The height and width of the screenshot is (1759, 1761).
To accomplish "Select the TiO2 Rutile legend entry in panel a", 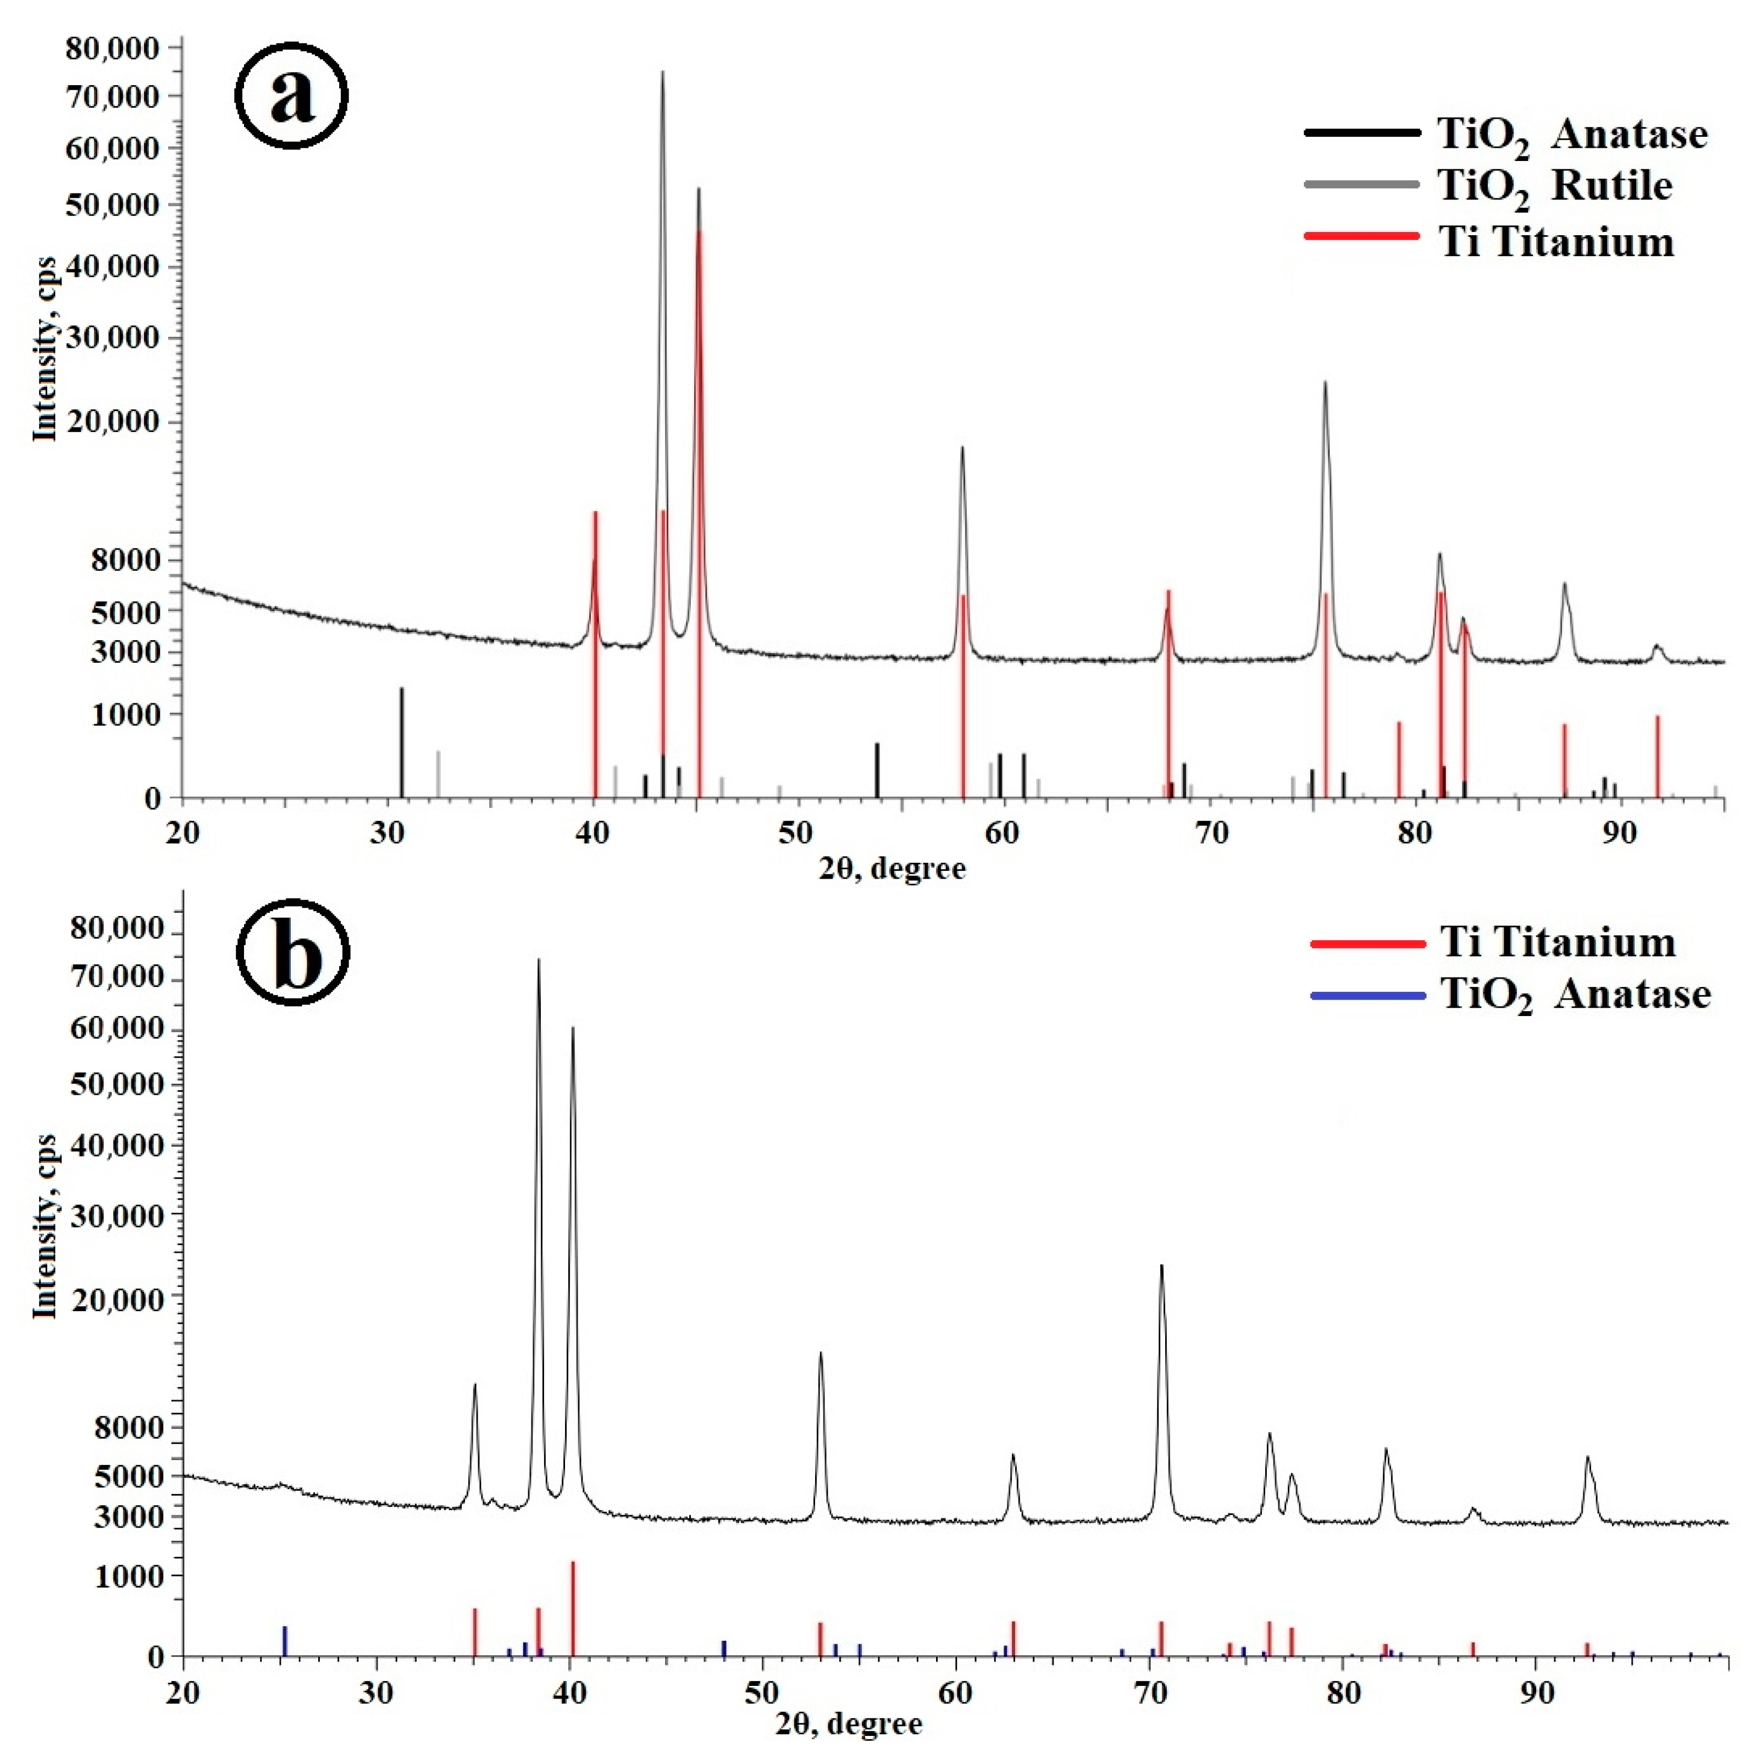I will pos(1554,186).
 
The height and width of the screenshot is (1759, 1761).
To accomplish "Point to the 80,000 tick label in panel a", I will pos(114,47).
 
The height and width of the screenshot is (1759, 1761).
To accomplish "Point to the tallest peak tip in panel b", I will pos(538,959).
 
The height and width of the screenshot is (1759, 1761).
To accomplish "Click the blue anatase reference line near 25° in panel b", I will pos(284,1640).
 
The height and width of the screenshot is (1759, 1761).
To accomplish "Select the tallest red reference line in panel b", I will pos(572,1608).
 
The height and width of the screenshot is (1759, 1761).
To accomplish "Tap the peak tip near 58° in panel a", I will pos(962,447).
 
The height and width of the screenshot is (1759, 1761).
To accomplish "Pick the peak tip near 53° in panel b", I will pos(821,1352).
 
